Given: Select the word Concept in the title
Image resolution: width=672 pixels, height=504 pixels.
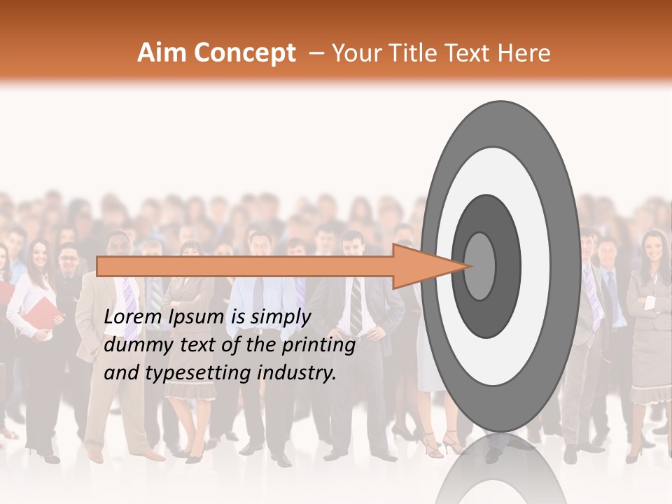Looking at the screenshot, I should pyautogui.click(x=244, y=54).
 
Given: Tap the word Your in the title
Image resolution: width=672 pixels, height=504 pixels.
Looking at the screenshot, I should pyautogui.click(x=353, y=52).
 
